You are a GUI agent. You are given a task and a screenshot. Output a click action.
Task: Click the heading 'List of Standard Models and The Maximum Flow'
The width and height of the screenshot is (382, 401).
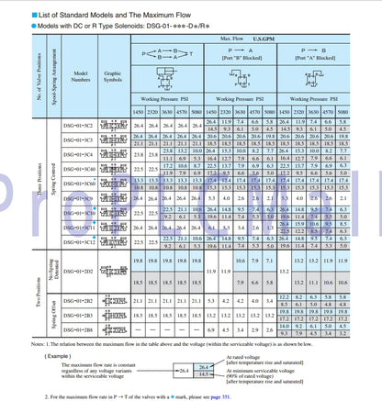83,8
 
